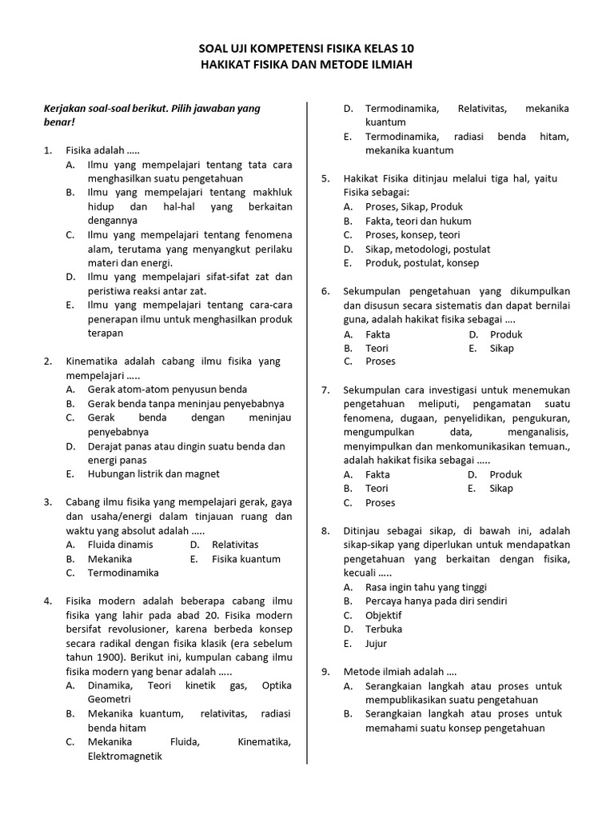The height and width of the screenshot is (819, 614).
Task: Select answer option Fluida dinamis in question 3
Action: pos(120,545)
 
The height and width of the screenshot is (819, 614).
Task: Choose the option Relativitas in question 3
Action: pos(235,545)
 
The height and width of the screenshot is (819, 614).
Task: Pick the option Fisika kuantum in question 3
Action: pos(246,559)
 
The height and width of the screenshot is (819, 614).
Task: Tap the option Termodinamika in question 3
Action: pos(123,573)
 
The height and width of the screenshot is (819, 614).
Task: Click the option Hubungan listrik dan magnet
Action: pos(153,473)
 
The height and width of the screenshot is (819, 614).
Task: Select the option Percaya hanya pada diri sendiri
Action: pos(436,601)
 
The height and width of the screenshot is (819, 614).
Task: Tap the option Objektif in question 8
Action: pos(384,615)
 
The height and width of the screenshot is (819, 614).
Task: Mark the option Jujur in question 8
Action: pos(376,643)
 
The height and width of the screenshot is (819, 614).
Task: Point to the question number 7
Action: pos(325,390)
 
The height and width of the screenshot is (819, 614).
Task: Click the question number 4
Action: pos(48,601)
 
